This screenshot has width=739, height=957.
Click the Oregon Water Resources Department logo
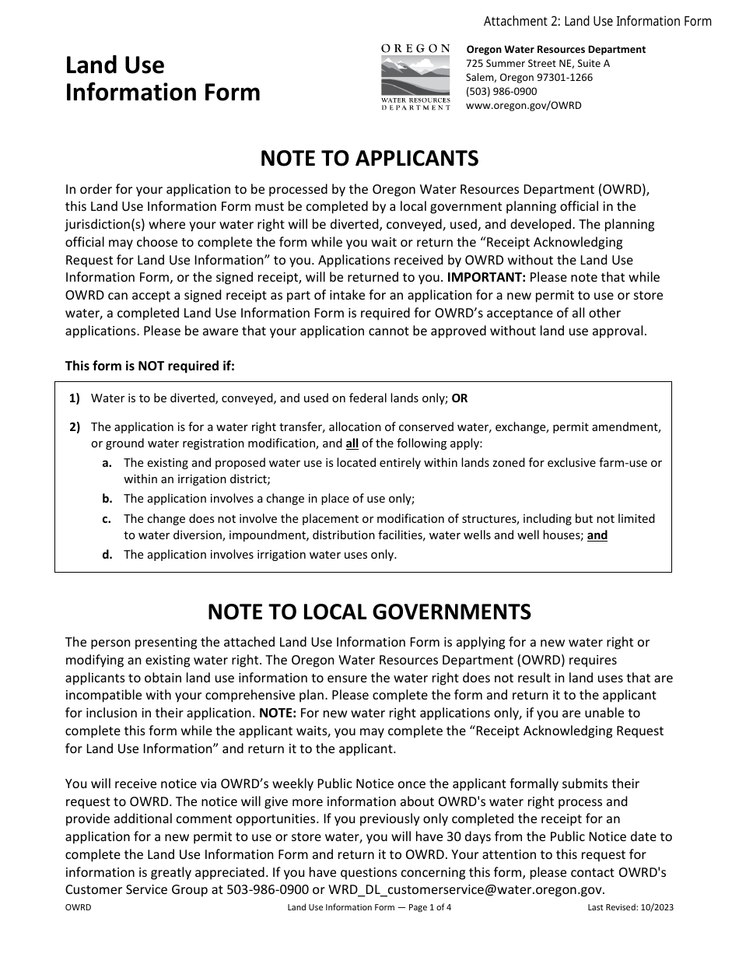415,77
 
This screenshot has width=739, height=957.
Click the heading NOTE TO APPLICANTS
369,159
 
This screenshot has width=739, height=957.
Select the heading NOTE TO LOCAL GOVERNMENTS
369,612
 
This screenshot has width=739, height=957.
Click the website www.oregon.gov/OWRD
523,106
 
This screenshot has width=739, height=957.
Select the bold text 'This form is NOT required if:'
149,366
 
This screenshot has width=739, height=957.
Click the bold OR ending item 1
460,398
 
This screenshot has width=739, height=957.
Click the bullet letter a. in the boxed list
107,462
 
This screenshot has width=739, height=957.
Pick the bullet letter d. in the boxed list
107,555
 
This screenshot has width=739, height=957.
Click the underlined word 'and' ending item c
597,535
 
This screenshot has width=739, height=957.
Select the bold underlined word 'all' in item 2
352,444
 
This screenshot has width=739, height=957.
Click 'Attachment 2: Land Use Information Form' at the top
597,21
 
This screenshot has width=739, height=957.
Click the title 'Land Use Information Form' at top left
163,79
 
